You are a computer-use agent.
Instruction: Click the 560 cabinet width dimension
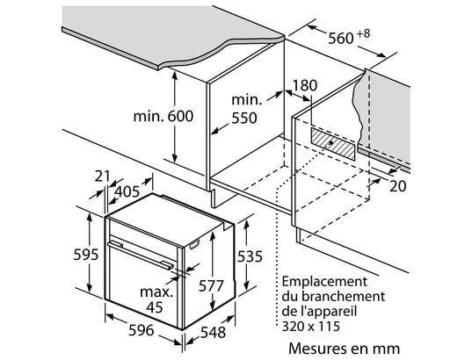click(x=340, y=39)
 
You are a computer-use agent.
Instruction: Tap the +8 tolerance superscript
click(x=363, y=33)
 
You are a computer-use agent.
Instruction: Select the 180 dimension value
click(x=305, y=85)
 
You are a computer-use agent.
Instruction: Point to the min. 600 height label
click(x=163, y=116)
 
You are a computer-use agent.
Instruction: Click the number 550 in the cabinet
click(x=244, y=119)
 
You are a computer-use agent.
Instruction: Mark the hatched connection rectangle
click(x=332, y=143)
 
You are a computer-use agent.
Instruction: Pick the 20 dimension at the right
click(x=397, y=186)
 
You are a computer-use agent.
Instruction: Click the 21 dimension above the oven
click(x=102, y=176)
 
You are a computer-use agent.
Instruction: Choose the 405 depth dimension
click(x=127, y=191)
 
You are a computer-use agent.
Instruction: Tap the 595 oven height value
click(x=86, y=255)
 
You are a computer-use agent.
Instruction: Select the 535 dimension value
click(x=250, y=256)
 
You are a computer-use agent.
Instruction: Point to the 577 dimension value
click(x=211, y=285)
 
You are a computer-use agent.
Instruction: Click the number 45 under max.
click(x=155, y=306)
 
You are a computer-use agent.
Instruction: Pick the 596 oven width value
click(x=142, y=330)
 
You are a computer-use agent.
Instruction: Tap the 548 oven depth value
click(x=213, y=332)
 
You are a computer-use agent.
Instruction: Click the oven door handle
click(x=140, y=253)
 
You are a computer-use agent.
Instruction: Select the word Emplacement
click(x=324, y=282)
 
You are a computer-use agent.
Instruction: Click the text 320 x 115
click(x=310, y=326)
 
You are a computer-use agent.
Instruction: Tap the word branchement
click(x=343, y=297)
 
